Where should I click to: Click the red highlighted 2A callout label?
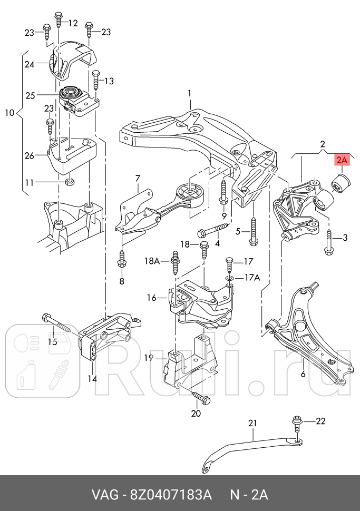pos(342,161)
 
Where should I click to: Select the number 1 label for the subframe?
pos(189,94)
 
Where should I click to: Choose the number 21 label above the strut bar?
pos(252,422)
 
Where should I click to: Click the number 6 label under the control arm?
pos(303,374)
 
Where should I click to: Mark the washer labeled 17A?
pos(230,278)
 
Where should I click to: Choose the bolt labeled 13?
pos(95,80)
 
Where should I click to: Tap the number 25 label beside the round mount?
pos(30,95)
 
